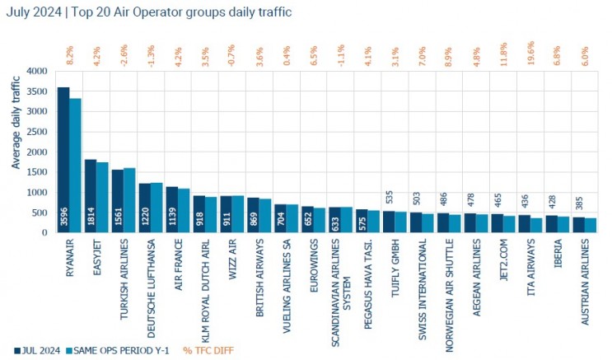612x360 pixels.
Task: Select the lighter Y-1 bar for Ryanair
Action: tap(75, 166)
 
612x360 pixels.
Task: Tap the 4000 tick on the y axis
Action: tap(38, 72)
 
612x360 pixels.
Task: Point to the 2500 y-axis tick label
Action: tap(38, 132)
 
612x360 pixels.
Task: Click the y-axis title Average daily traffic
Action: tap(16, 124)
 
